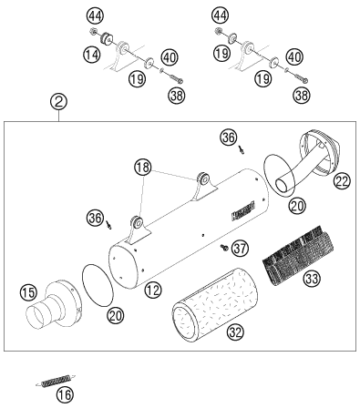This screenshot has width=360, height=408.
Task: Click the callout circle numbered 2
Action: coord(59,102)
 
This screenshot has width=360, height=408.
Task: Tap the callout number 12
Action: coord(153,291)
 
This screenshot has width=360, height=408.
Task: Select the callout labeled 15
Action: coord(28,292)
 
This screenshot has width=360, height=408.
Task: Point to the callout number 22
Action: coord(342,181)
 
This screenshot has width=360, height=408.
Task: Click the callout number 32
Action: coord(236,332)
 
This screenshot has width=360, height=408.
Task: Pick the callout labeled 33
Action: coord(312,279)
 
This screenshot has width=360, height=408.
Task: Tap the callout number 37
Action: coord(240,249)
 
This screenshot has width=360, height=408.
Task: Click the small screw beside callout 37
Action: coord(224,248)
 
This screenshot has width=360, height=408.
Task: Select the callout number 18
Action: coord(143,168)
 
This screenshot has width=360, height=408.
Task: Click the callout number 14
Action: coord(92,55)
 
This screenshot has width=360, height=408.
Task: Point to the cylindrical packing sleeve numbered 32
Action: coord(215,304)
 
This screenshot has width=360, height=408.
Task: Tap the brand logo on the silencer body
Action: coord(243,210)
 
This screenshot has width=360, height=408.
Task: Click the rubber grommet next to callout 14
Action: coord(107,39)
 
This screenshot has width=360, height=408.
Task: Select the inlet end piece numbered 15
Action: coord(53,304)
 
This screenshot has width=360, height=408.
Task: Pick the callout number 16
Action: coord(66,395)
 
